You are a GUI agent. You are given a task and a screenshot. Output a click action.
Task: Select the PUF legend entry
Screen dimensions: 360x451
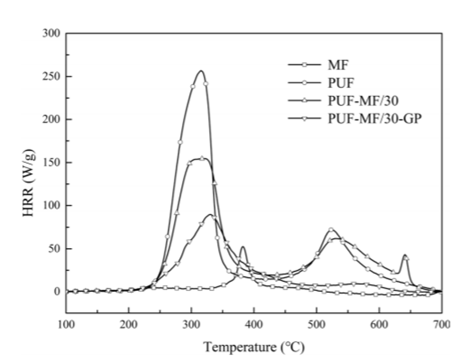tap(339, 83)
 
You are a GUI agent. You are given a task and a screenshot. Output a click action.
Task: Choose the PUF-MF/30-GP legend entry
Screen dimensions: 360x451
tap(375, 119)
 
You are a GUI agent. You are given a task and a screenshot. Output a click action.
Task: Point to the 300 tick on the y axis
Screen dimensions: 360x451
tap(52, 34)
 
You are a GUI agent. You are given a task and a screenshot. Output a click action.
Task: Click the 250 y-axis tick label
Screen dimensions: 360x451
tap(52, 76)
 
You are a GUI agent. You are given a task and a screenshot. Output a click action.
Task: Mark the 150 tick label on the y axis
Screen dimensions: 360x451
tap(52, 163)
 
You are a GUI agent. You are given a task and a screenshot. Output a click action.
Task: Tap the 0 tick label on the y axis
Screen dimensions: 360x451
tap(57, 292)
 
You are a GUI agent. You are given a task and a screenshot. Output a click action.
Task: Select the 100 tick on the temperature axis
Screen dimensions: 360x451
tap(66, 324)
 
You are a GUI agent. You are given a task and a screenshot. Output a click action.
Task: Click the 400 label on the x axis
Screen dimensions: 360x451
tap(254, 324)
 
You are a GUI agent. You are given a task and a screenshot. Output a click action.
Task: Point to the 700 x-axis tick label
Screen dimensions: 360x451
tap(441, 324)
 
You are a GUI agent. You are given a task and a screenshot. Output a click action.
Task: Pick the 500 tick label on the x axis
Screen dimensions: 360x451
tap(316, 324)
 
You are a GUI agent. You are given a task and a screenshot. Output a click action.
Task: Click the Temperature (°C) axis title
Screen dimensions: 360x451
tap(254, 347)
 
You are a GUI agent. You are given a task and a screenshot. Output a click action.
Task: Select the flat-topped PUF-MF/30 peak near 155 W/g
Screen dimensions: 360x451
tap(202, 158)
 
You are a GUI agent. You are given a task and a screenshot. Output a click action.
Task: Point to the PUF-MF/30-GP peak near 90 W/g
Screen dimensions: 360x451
tap(211, 215)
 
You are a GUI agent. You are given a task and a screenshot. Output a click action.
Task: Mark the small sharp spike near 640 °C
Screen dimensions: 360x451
tap(405, 255)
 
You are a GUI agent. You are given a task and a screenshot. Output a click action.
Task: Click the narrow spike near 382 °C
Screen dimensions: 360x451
tap(243, 247)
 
